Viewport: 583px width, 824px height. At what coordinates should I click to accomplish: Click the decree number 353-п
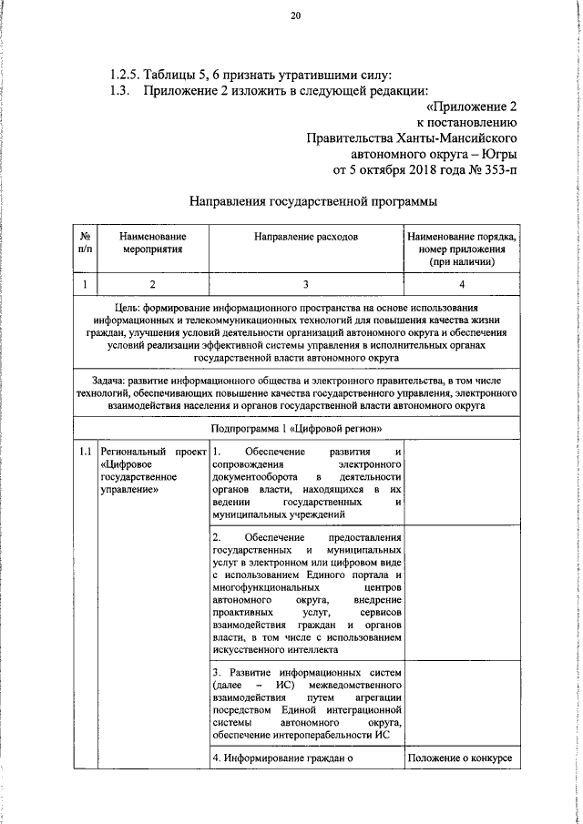(x=496, y=169)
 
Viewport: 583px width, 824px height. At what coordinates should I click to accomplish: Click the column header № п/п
(x=85, y=241)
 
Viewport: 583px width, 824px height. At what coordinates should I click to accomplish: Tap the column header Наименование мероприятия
(x=152, y=241)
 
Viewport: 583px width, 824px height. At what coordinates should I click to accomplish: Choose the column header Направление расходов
(x=306, y=236)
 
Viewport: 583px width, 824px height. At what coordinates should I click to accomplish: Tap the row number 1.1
(x=85, y=452)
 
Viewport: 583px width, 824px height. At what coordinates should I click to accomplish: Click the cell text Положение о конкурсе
(x=461, y=758)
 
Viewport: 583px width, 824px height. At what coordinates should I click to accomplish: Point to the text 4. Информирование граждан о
(x=281, y=758)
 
